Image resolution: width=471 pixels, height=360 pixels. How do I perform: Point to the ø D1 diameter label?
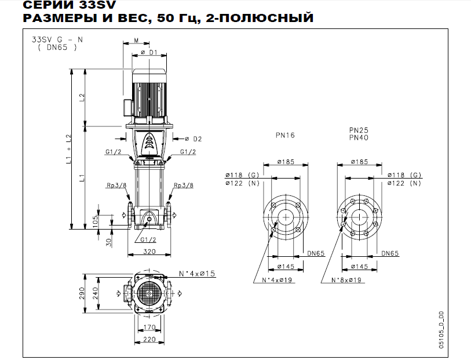coord(149,53)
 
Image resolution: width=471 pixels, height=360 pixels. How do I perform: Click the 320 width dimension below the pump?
coord(149,252)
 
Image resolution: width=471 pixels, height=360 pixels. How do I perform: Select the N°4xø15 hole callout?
coord(197,272)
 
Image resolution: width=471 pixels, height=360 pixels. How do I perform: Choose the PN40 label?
coord(359,138)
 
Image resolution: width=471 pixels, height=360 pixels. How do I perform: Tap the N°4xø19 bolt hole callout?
coord(271,280)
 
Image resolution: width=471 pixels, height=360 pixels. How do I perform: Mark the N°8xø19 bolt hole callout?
coord(346,280)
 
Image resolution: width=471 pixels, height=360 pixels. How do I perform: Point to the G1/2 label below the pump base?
coord(149,238)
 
